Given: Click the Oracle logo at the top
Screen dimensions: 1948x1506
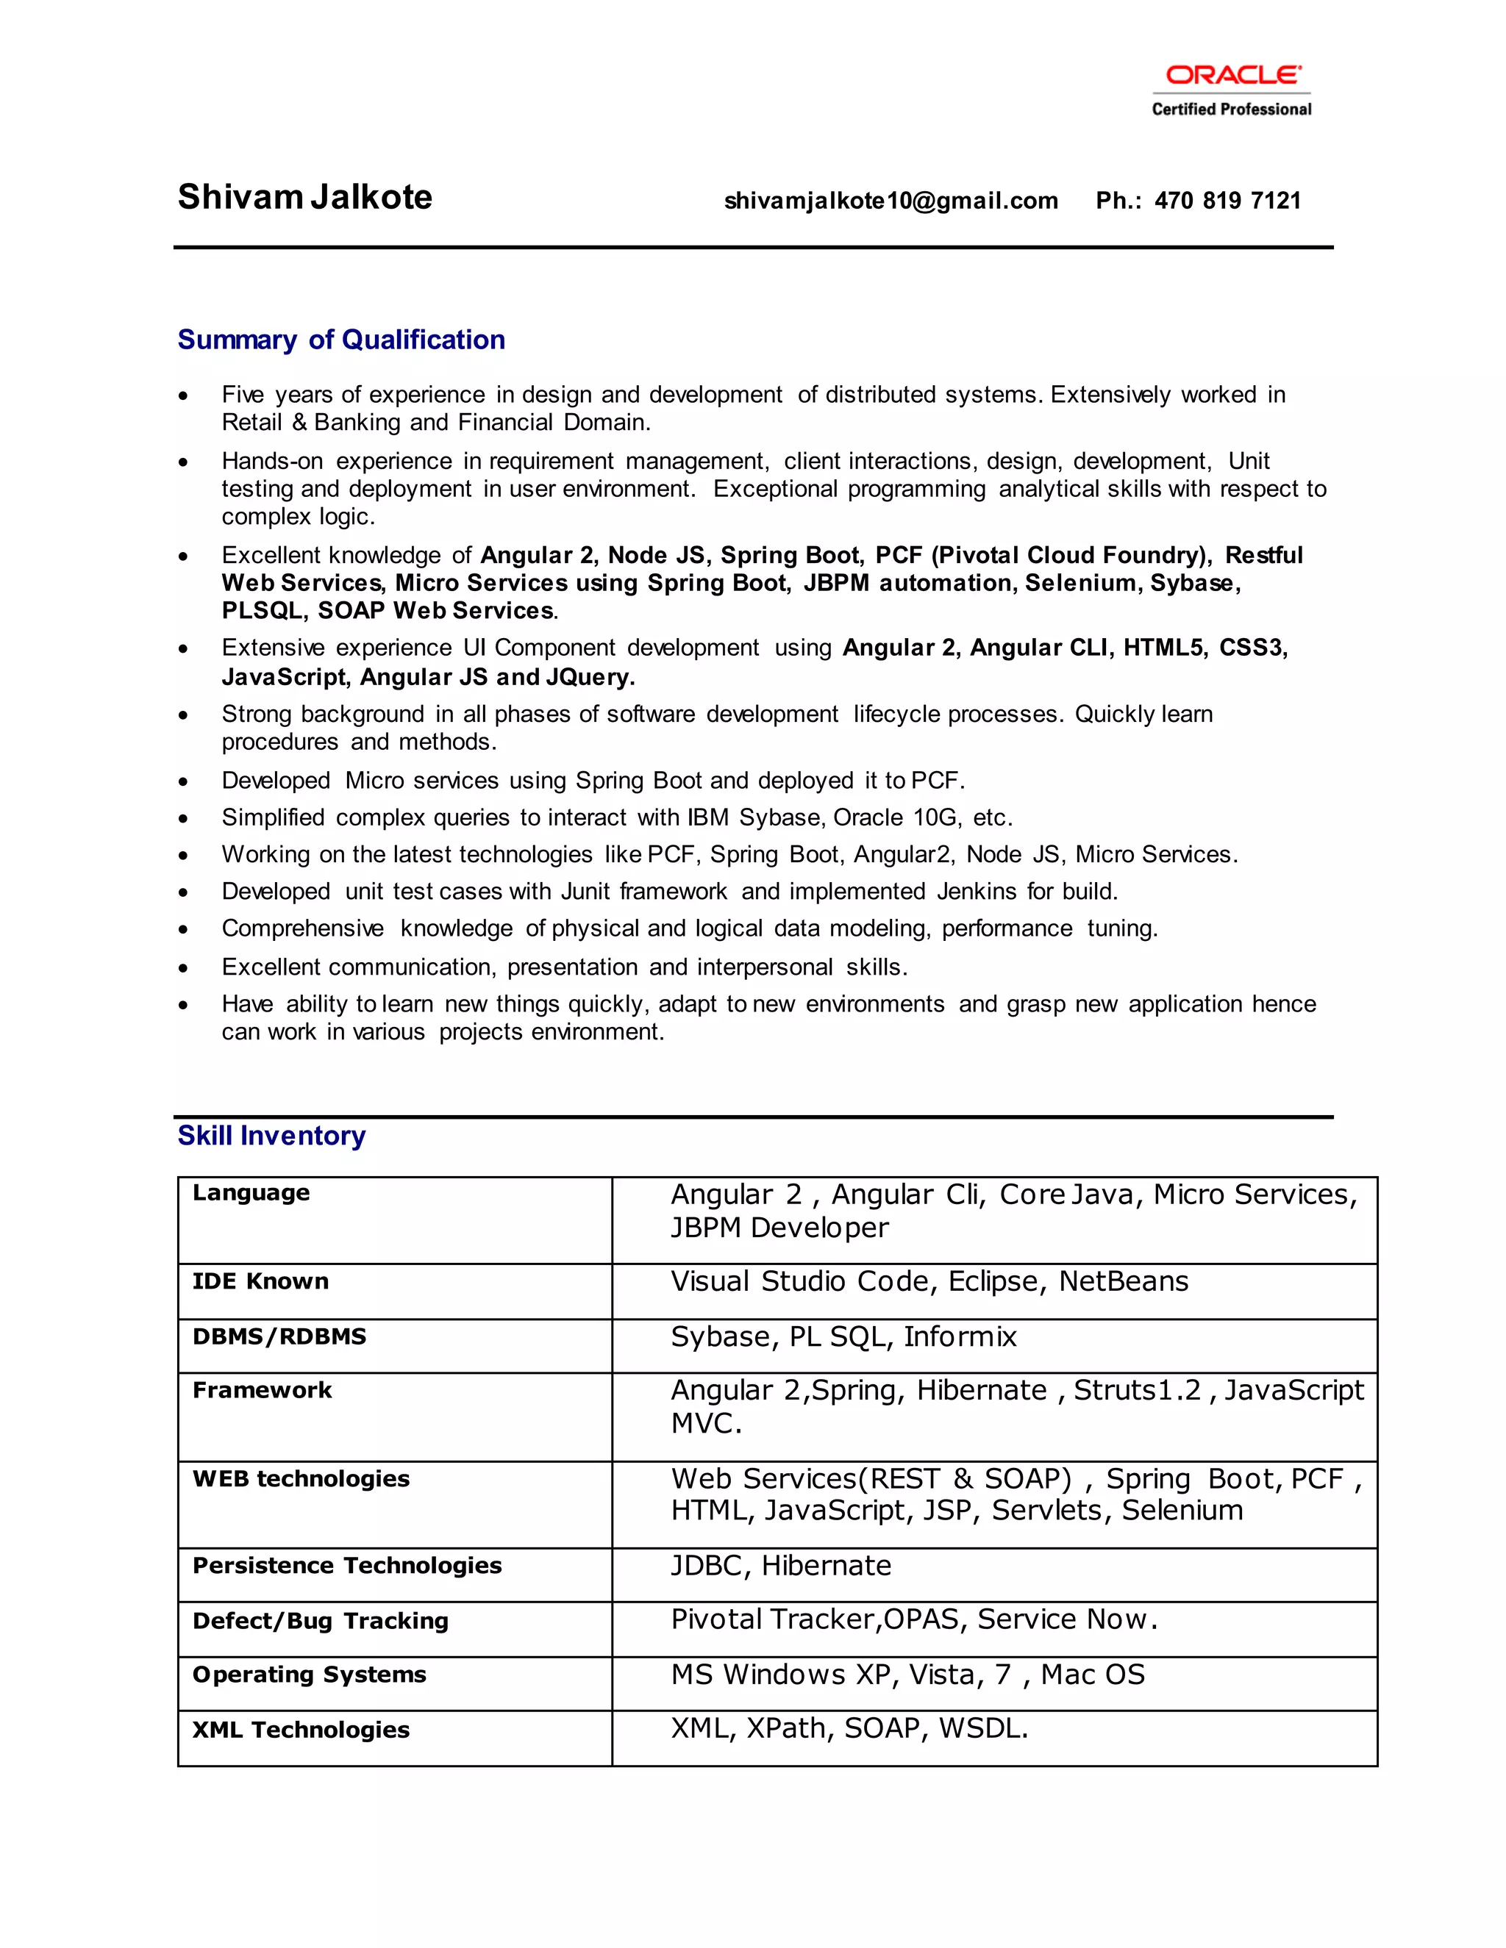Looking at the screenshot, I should [1232, 75].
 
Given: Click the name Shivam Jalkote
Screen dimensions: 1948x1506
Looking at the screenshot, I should [304, 197].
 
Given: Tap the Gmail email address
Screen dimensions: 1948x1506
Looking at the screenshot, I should [891, 201].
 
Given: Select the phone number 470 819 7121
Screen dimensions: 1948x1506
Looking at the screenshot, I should [1227, 201].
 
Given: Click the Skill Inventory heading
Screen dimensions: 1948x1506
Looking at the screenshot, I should [271, 1136].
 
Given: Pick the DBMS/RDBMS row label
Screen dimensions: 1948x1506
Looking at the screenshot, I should [279, 1336].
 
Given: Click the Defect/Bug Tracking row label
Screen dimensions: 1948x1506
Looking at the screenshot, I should [321, 1621].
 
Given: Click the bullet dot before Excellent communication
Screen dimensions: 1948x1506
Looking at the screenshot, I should [183, 968].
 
